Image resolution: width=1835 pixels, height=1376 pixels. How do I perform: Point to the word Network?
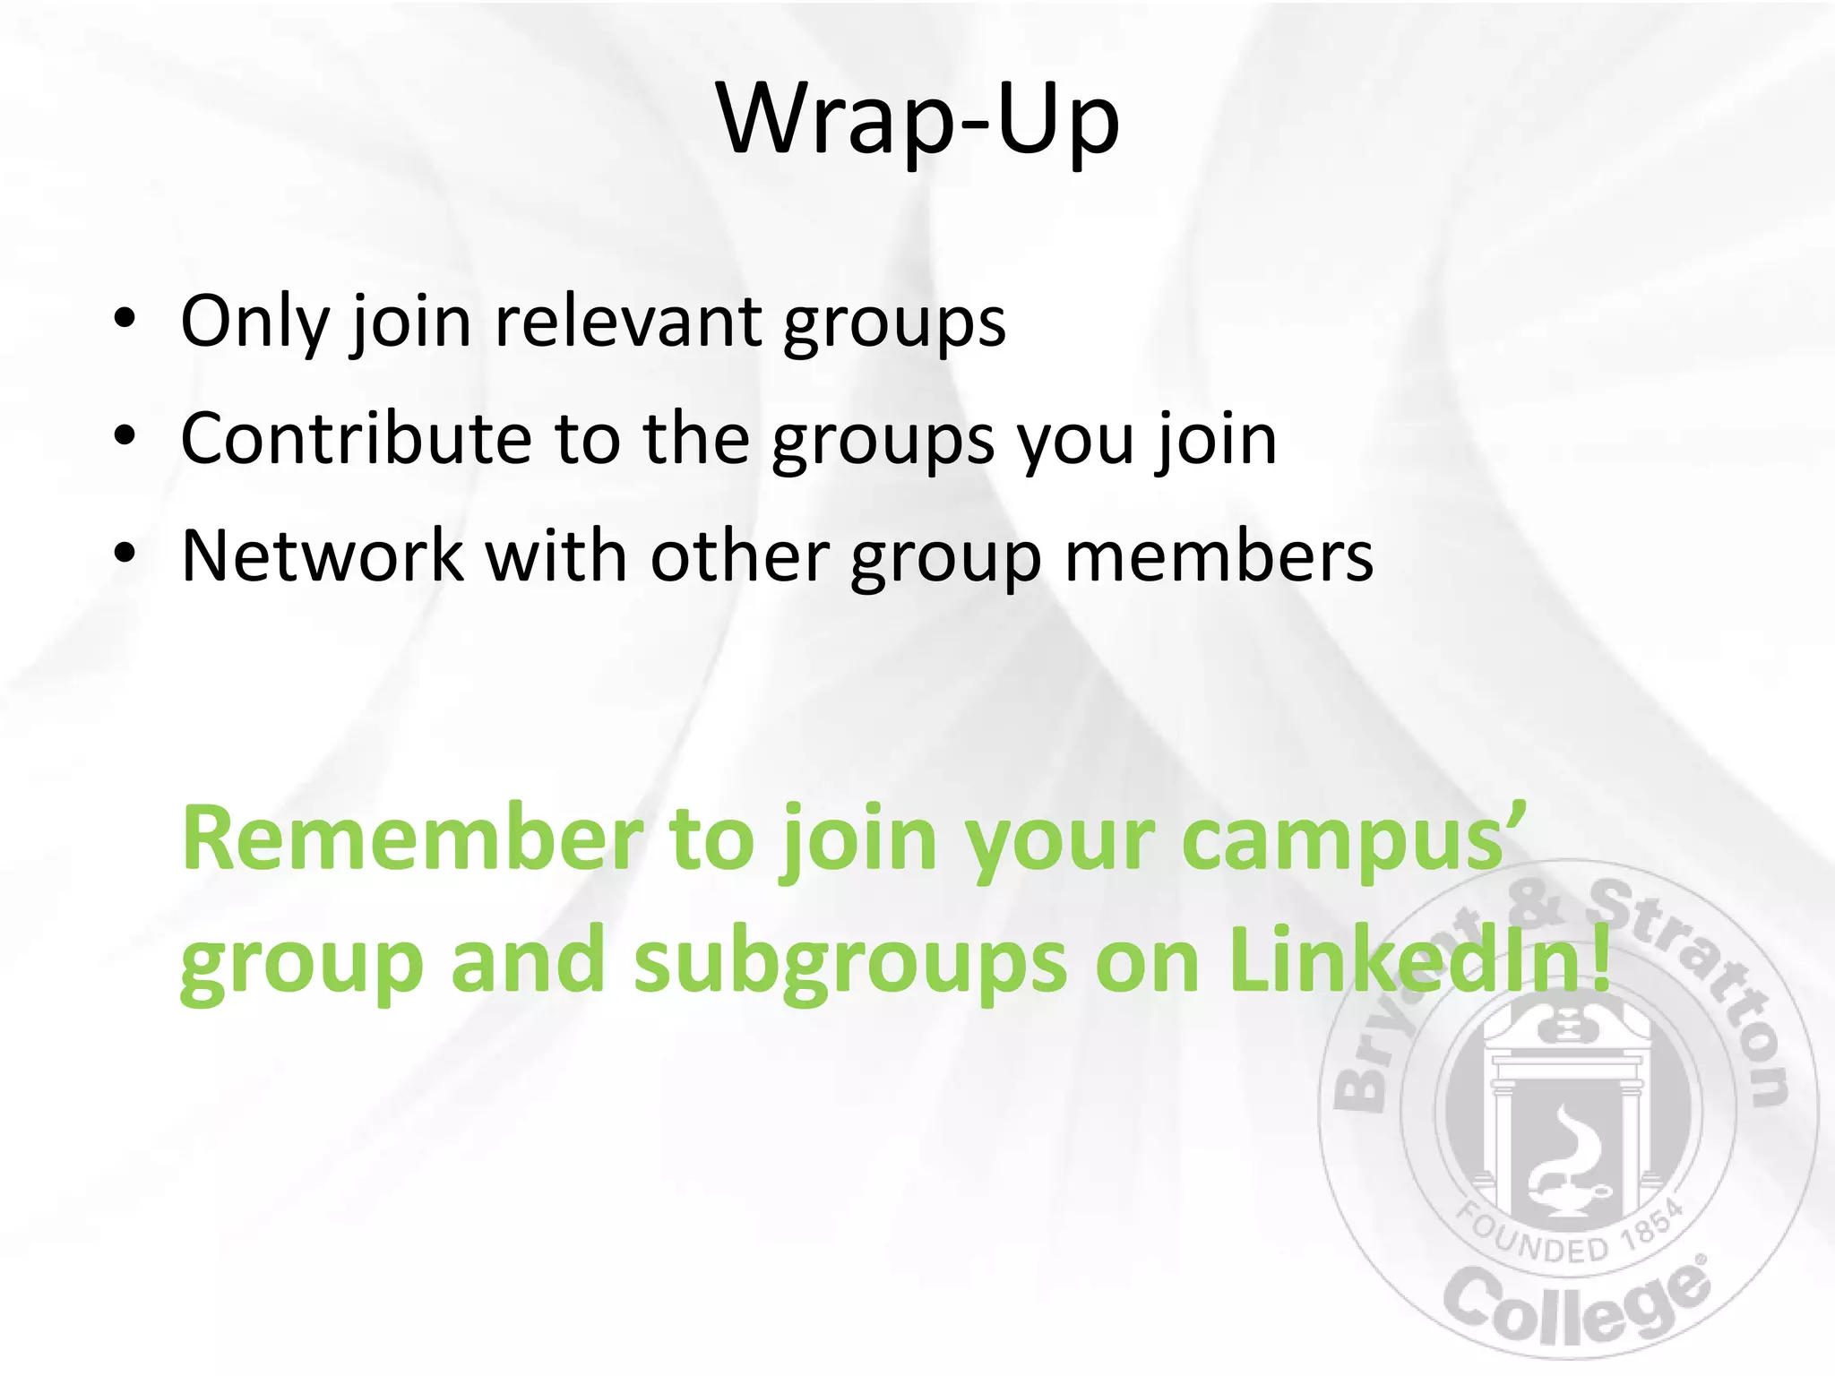tap(323, 556)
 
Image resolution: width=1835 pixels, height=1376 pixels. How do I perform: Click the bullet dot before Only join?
tap(125, 319)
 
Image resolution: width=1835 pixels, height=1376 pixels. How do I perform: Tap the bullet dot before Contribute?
tap(125, 436)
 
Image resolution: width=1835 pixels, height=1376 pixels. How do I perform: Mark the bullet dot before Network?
tap(125, 554)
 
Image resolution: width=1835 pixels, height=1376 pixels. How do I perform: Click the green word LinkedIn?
tap(1420, 960)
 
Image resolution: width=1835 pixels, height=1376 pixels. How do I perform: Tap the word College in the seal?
tap(1577, 1303)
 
